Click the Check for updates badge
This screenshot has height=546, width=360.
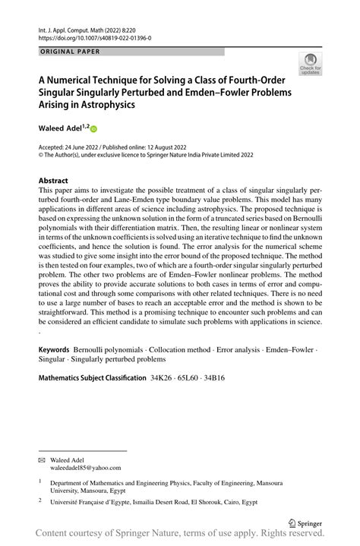(310, 64)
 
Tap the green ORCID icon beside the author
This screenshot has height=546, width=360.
(95, 130)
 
